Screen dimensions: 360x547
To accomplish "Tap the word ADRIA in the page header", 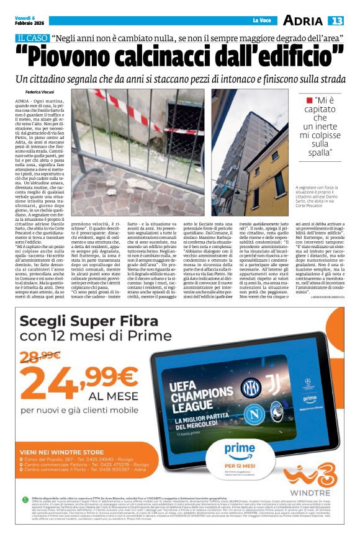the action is pyautogui.click(x=302, y=21).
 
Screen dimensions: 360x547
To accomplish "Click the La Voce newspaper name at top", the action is pyautogui.click(x=261, y=21).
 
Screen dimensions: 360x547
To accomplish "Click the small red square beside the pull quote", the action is pyautogui.click(x=309, y=100).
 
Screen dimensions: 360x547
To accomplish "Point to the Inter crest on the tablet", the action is pyautogui.click(x=250, y=388).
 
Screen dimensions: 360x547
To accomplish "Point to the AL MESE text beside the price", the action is pyautogui.click(x=110, y=395).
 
